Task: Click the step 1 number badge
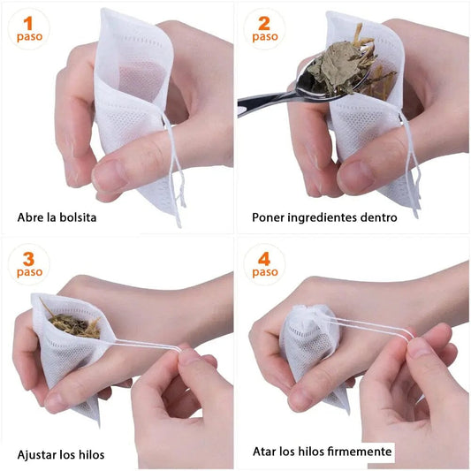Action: pos(29,27)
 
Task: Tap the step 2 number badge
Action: pos(264,27)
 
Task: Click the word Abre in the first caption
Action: pos(32,217)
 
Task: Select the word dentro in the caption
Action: pos(378,217)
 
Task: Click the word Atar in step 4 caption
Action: pos(265,452)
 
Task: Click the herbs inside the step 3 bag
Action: pos(74,325)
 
